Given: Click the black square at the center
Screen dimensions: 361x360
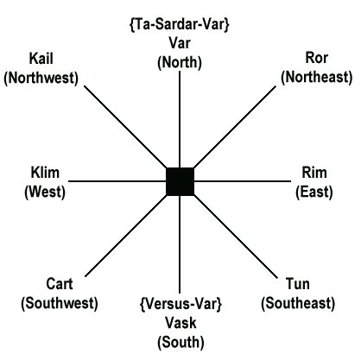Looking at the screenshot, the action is pyautogui.click(x=180, y=181).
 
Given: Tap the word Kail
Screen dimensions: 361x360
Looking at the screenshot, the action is pyautogui.click(x=41, y=59).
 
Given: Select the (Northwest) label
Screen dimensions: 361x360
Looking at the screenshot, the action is pyautogui.click(x=41, y=78).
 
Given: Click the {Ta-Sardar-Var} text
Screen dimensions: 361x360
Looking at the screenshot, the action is pyautogui.click(x=180, y=24).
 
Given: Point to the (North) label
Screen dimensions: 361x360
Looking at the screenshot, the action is pyautogui.click(x=180, y=62).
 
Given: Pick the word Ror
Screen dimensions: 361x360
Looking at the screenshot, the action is pyautogui.click(x=316, y=58).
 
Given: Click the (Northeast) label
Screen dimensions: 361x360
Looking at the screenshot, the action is pyautogui.click(x=317, y=77).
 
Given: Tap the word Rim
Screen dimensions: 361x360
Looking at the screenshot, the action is pyautogui.click(x=314, y=173).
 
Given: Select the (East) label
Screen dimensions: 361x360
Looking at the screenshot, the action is pyautogui.click(x=314, y=192).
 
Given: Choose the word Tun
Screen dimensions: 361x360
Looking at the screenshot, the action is pyautogui.click(x=298, y=284).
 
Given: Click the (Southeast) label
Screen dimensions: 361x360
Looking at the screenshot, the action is pyautogui.click(x=298, y=303).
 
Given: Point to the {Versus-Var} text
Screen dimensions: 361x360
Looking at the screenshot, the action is pyautogui.click(x=180, y=304).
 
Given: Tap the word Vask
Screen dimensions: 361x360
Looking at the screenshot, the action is pyautogui.click(x=180, y=323).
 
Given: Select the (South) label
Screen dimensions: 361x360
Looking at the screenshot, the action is pyautogui.click(x=180, y=342).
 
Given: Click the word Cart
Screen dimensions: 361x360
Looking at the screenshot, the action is pyautogui.click(x=60, y=284).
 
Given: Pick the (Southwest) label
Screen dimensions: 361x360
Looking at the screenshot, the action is pyautogui.click(x=60, y=303).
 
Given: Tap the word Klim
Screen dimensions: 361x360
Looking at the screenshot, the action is pyautogui.click(x=45, y=173).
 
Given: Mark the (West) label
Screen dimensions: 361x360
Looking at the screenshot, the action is pyautogui.click(x=45, y=192).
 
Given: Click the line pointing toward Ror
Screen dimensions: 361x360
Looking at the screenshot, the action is pyautogui.click(x=235, y=127).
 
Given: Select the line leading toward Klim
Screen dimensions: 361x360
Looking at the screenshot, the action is pyautogui.click(x=117, y=181).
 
